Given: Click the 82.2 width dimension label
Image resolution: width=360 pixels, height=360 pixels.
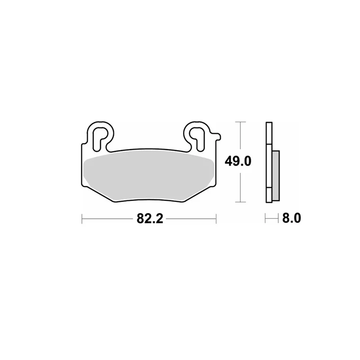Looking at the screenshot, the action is (x=150, y=219).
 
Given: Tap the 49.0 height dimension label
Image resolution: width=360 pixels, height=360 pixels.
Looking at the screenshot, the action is (x=238, y=161).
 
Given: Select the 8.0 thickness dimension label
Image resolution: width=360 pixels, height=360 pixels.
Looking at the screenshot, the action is (x=291, y=218).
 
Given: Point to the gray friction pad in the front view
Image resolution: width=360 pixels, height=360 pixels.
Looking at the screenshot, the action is (x=149, y=175).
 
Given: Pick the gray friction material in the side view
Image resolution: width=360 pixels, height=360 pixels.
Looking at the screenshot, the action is (x=275, y=175).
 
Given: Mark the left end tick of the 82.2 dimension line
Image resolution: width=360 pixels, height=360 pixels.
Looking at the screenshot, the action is (x=82, y=219).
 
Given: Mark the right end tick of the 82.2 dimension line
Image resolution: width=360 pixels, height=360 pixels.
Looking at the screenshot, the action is (x=216, y=219).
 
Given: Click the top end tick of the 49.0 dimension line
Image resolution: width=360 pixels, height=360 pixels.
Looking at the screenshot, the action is (x=240, y=122).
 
